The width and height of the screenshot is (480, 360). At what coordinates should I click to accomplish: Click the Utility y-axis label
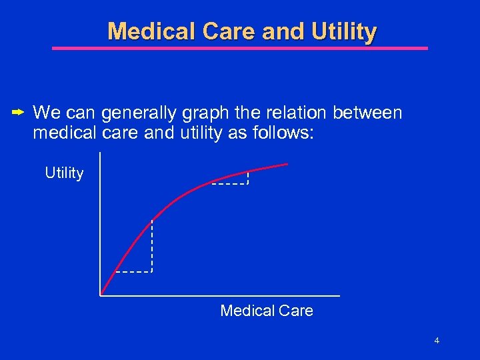click(x=64, y=173)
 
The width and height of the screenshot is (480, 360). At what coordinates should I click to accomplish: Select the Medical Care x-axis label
click(x=266, y=311)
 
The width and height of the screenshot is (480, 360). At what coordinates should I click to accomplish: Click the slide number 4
click(x=436, y=341)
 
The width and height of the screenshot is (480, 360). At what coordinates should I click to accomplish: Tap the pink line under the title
click(x=240, y=48)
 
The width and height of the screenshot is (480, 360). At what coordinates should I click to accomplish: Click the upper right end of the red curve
click(x=287, y=164)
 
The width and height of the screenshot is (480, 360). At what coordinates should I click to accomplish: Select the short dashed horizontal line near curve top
click(x=229, y=183)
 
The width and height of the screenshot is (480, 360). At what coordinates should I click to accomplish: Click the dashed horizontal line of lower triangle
click(x=133, y=272)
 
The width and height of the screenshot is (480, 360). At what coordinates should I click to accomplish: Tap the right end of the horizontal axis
click(x=339, y=295)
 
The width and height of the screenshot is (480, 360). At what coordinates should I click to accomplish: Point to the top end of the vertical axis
click(x=100, y=154)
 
